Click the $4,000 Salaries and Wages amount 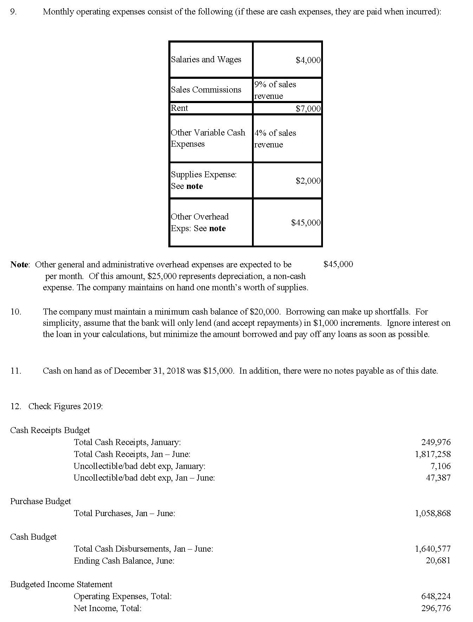tap(308, 60)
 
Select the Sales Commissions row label tap(206, 90)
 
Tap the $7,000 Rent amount tap(308, 109)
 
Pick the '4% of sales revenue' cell tap(275, 139)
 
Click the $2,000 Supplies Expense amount tap(308, 181)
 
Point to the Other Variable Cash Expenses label tap(208, 138)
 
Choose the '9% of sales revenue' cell tap(275, 90)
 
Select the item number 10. tap(16, 312)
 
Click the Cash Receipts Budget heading tap(50, 430)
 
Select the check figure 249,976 tap(436, 442)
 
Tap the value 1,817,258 tap(433, 454)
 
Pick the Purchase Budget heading tap(40, 501)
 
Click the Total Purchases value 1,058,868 tap(433, 513)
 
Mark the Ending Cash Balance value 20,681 tap(438, 560)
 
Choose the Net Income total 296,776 tap(436, 608)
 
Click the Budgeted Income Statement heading tap(61, 584)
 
